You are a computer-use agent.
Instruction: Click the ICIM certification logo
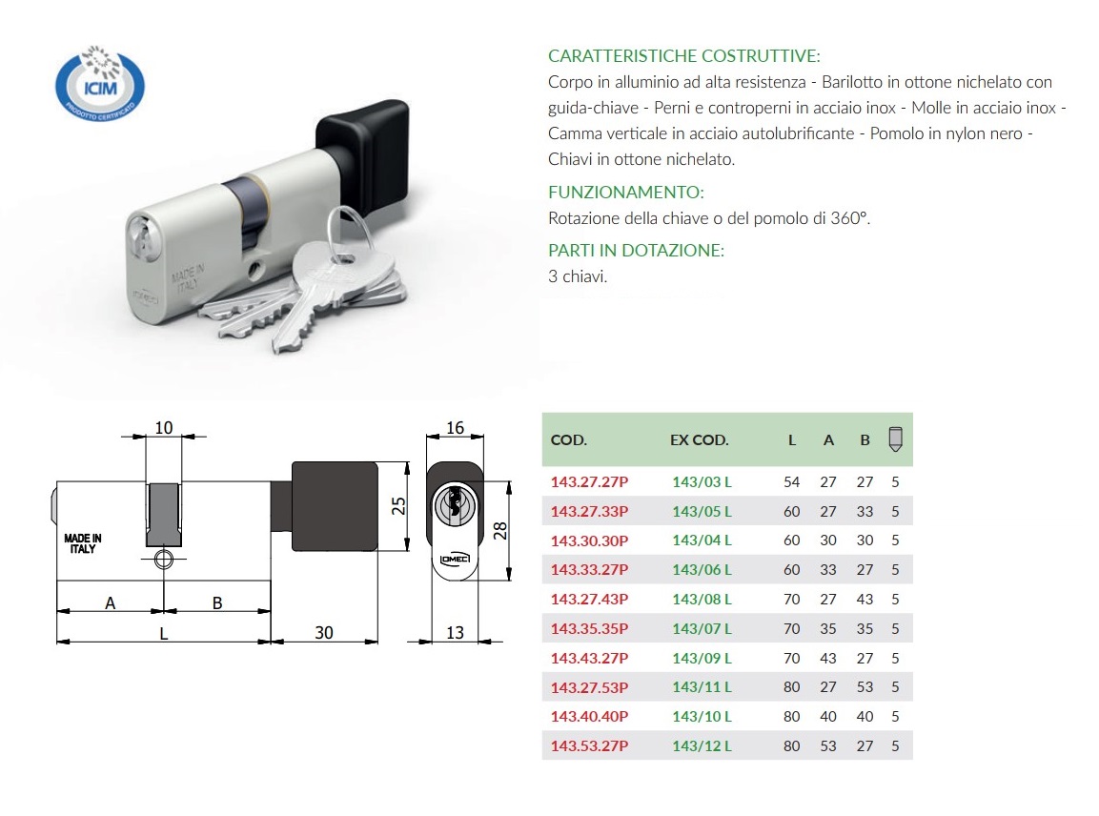coord(99,84)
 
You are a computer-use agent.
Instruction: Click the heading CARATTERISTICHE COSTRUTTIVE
coord(683,56)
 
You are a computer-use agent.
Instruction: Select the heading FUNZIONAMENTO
coord(625,192)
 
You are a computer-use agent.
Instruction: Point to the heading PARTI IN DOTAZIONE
coord(636,251)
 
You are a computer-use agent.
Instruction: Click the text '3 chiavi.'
coord(578,276)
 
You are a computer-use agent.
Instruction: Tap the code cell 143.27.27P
coord(589,481)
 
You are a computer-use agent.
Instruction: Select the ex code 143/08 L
coord(702,600)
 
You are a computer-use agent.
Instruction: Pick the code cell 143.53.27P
coord(589,745)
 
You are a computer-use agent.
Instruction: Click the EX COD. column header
coord(699,440)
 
